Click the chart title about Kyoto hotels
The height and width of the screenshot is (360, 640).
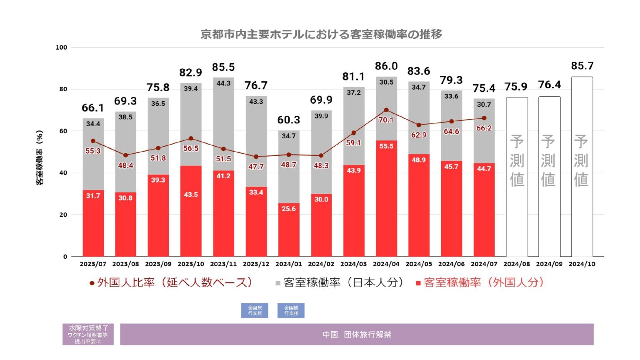[321, 34]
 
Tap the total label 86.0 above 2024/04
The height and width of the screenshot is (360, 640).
[386, 66]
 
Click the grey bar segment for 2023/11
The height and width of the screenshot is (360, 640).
[223, 125]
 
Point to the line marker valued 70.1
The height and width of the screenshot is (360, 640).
[386, 110]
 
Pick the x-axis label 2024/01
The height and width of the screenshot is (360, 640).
[289, 264]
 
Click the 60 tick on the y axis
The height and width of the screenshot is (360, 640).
[63, 131]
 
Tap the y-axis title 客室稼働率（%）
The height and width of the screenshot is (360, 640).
[40, 157]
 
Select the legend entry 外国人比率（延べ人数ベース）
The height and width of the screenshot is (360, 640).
[171, 282]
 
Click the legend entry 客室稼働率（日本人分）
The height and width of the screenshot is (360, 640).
[340, 282]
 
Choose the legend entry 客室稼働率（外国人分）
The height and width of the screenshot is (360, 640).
[480, 282]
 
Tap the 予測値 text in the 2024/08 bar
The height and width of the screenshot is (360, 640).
[517, 160]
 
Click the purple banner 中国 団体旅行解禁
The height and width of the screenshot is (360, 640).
[357, 335]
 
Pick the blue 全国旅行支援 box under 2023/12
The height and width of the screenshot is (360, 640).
[255, 310]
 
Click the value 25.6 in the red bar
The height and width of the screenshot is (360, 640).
[289, 209]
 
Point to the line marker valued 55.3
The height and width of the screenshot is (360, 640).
[93, 141]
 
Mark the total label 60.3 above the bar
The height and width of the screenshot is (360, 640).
[289, 120]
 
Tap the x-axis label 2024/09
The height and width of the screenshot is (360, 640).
[549, 264]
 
